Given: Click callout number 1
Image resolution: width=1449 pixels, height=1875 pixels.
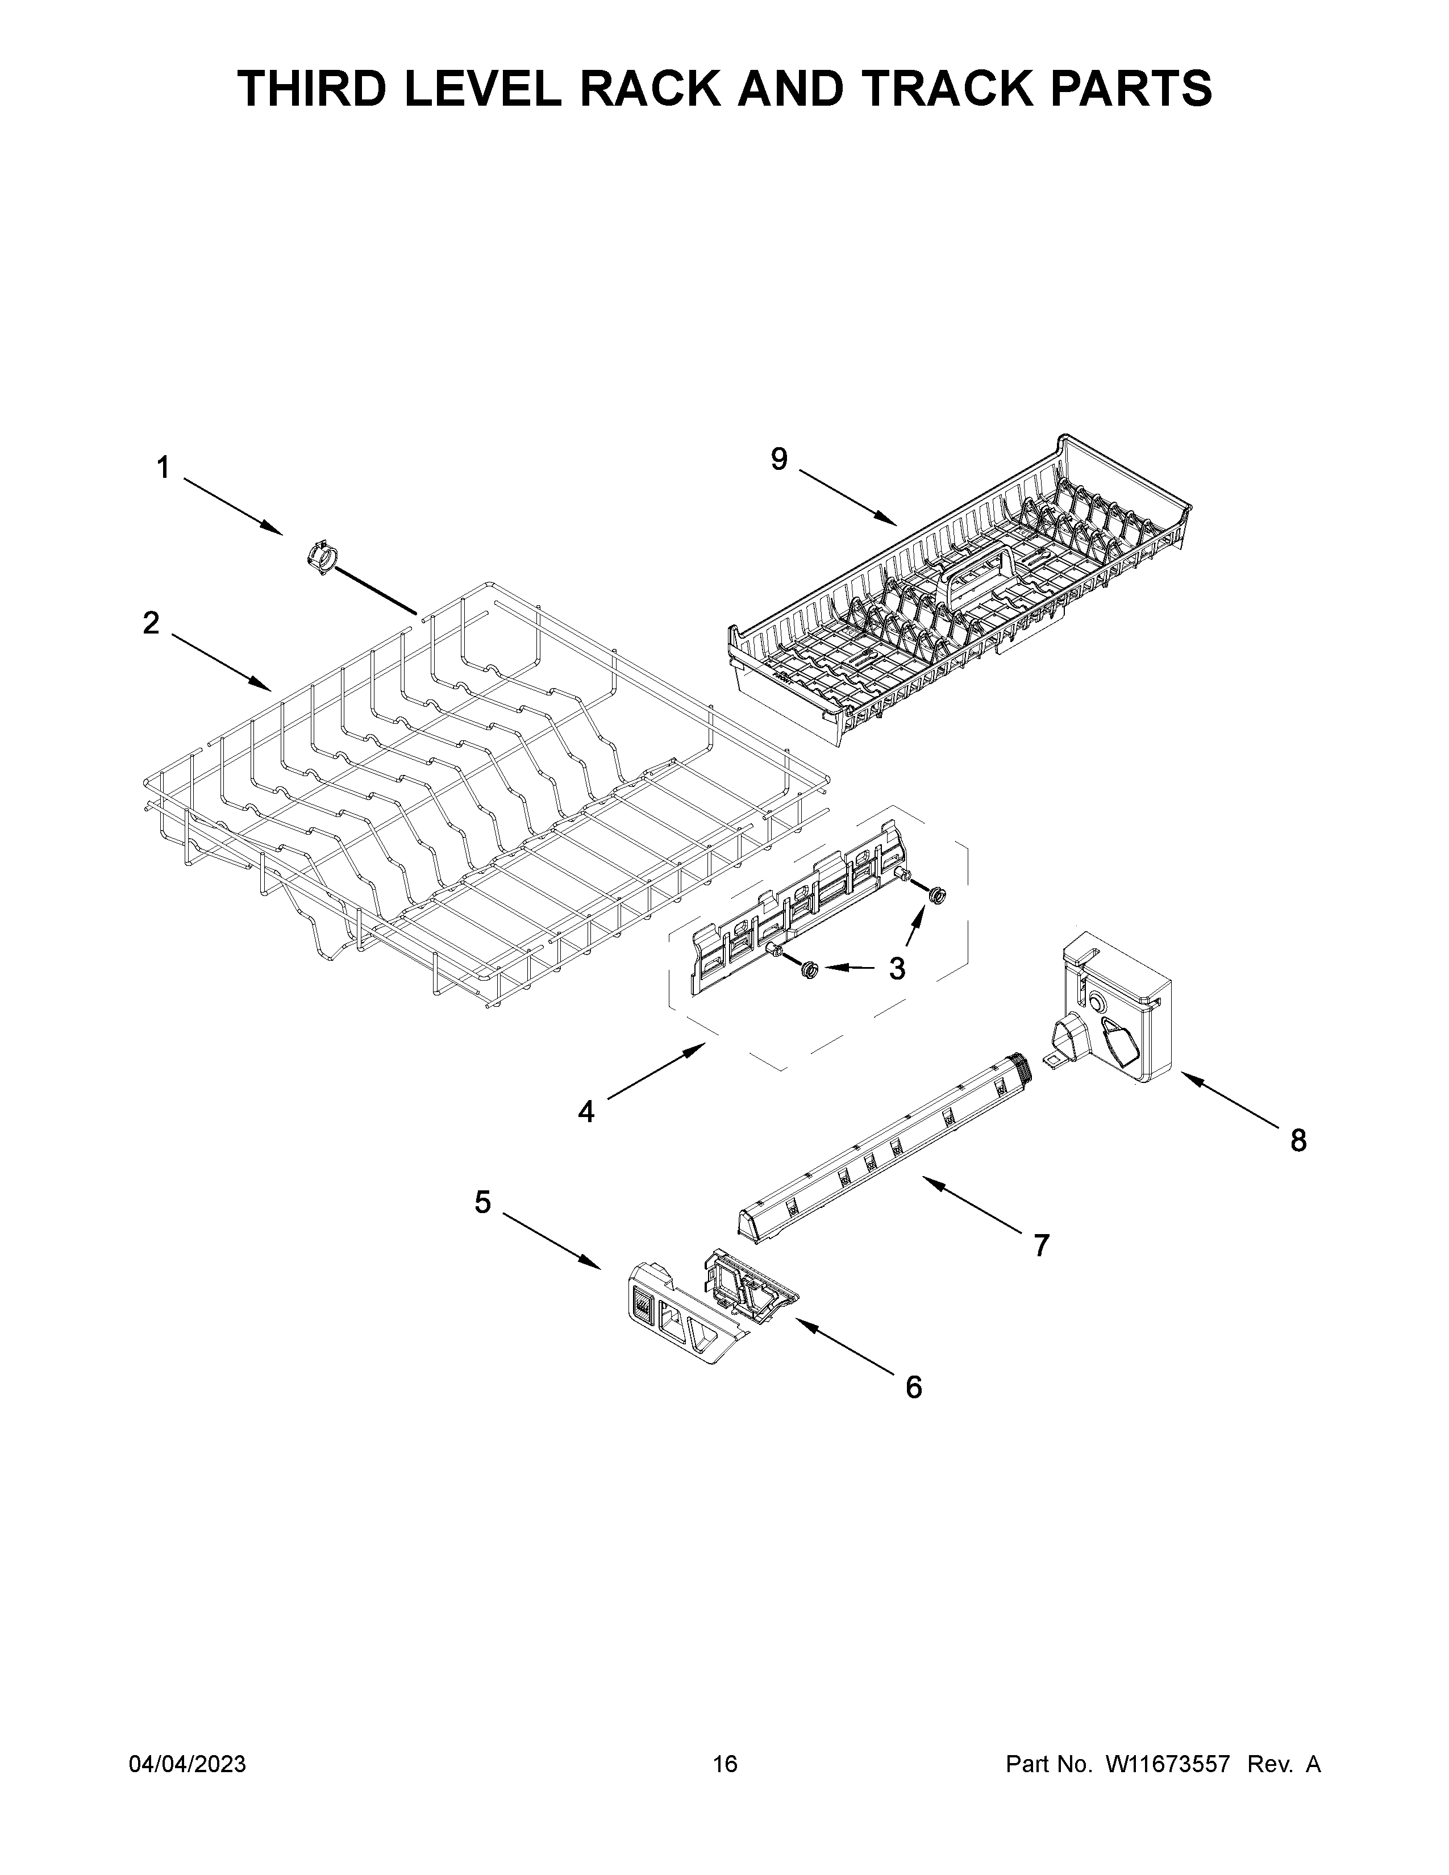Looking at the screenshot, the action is [x=163, y=469].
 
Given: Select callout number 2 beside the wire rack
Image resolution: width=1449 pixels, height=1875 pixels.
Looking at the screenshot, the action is [x=151, y=623].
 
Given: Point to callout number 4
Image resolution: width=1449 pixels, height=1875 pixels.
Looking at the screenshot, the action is [x=586, y=1112].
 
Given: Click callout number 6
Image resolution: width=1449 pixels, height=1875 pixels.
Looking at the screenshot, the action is [x=913, y=1386].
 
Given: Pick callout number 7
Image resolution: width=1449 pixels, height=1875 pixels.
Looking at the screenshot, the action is [x=1041, y=1245].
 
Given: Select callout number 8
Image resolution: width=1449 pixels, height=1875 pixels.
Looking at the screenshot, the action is [x=1298, y=1140].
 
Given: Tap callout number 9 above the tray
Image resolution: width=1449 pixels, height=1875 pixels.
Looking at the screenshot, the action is [x=778, y=460].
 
